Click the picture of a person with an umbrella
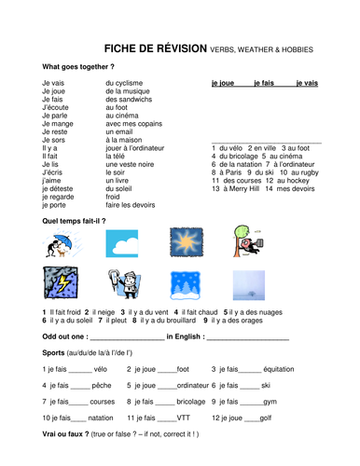(61, 244)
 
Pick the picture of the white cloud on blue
(123, 244)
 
